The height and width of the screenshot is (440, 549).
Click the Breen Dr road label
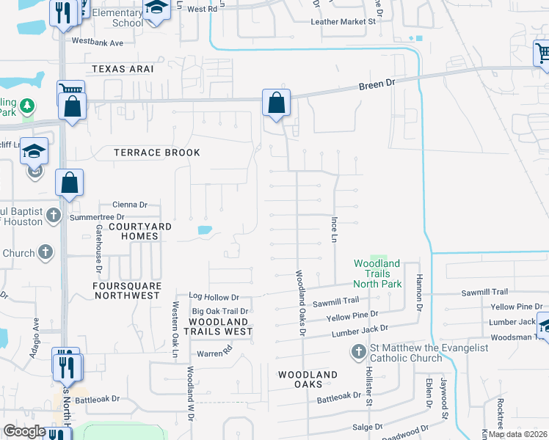[377, 85]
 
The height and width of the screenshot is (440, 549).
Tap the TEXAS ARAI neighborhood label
[123, 69]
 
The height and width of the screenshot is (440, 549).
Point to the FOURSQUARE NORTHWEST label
[126, 290]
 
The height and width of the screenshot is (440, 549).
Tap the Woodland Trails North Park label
[377, 274]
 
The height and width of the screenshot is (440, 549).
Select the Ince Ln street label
[334, 230]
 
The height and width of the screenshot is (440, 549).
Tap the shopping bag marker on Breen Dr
[276, 103]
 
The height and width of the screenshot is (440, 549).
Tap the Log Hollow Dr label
[214, 297]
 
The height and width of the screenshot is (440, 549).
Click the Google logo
[24, 431]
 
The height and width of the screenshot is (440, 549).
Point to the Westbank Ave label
[97, 43]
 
